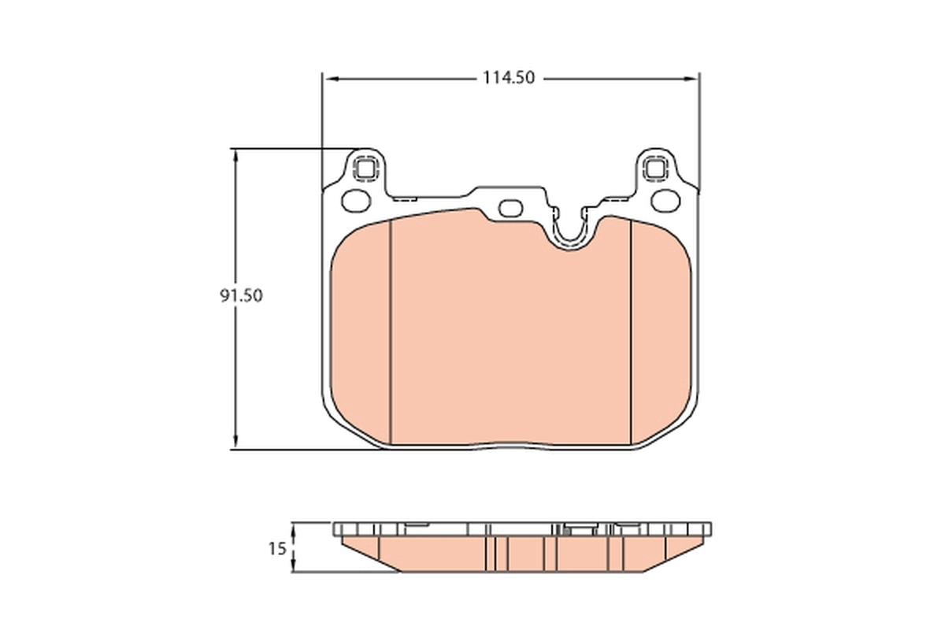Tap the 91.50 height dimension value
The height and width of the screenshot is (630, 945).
click(x=240, y=296)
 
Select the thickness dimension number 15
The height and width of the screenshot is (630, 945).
click(x=276, y=549)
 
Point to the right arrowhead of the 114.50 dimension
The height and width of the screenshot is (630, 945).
click(x=692, y=79)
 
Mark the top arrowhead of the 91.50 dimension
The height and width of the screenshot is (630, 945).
click(x=235, y=155)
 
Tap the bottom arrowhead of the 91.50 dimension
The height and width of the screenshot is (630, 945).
click(x=235, y=443)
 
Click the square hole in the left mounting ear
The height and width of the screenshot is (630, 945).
click(x=365, y=168)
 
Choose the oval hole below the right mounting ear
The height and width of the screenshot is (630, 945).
click(x=665, y=201)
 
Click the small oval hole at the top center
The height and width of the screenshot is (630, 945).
click(x=511, y=208)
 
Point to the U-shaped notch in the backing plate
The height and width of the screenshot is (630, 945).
click(x=569, y=230)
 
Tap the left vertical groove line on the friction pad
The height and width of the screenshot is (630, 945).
click(x=391, y=331)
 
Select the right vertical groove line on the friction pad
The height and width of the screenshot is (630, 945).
click(x=632, y=331)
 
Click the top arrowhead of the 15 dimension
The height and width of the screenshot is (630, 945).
click(x=294, y=528)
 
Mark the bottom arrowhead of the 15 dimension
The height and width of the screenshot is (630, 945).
click(x=294, y=566)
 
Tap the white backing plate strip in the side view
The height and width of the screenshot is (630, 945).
click(x=520, y=528)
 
